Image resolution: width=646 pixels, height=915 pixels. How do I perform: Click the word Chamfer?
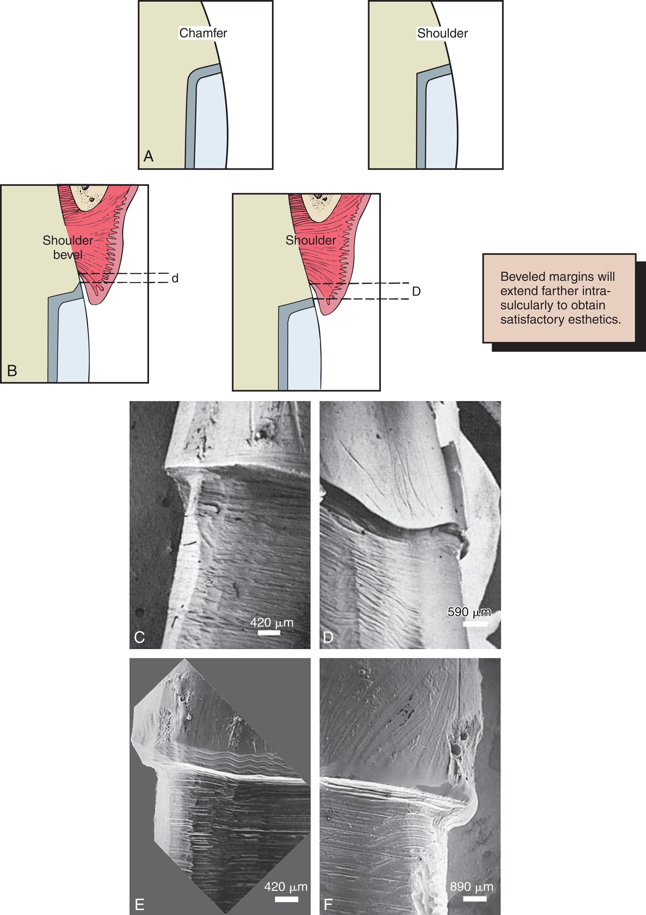(x=203, y=33)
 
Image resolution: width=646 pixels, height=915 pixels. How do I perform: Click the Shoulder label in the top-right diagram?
(x=442, y=33)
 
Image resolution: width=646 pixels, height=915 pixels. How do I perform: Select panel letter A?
(x=148, y=156)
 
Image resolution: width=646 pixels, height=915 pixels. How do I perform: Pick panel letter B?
(x=12, y=371)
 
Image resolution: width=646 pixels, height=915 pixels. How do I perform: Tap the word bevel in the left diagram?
(x=68, y=255)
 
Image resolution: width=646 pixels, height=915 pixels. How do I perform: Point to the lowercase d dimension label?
(x=175, y=278)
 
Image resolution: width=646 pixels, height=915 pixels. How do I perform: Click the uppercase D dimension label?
(x=416, y=291)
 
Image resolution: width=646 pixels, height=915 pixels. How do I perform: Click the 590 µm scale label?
(x=469, y=612)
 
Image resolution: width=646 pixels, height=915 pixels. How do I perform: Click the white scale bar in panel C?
(x=269, y=633)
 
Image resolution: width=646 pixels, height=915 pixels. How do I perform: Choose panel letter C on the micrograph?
(x=140, y=638)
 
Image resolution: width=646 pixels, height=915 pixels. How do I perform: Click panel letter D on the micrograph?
(x=328, y=637)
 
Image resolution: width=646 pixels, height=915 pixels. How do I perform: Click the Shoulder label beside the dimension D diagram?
(x=310, y=240)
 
